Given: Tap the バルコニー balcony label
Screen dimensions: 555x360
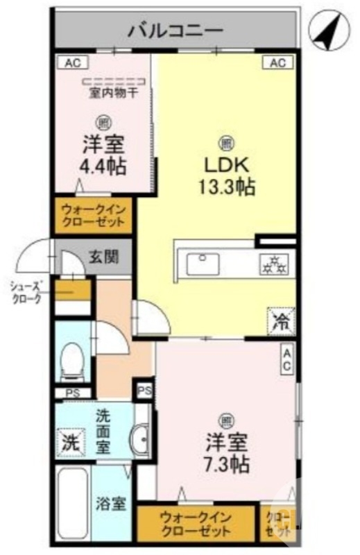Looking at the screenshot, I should [x=175, y=31].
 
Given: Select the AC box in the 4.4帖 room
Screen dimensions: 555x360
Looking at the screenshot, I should [x=73, y=63].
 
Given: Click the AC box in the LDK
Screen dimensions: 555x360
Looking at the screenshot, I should [x=277, y=63].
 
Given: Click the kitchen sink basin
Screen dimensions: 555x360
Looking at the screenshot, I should [x=203, y=264].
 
